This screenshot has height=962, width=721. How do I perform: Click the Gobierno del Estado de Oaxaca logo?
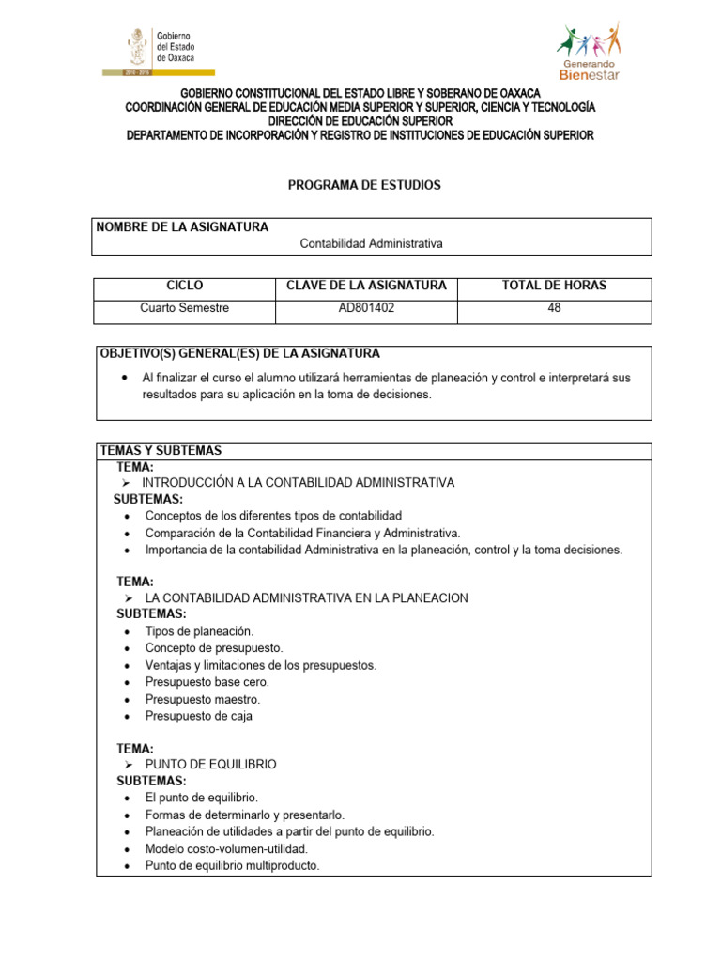tap(157, 50)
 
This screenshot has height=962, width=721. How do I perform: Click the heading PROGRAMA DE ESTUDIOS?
tap(363, 185)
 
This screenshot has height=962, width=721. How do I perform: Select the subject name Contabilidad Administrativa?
tap(371, 243)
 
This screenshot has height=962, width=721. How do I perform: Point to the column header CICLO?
tap(184, 286)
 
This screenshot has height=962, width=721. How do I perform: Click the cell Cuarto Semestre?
tap(184, 307)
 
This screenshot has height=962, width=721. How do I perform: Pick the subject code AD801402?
tap(366, 307)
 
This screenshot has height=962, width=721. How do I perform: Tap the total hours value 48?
tap(554, 307)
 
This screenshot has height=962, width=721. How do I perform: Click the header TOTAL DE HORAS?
tap(554, 286)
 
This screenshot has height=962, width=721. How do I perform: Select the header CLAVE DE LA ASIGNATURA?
tap(366, 286)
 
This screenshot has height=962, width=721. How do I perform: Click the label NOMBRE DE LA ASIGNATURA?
tap(182, 226)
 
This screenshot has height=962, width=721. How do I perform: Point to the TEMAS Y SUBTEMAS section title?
tap(161, 451)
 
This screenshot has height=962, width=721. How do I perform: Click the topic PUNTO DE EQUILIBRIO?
tap(210, 765)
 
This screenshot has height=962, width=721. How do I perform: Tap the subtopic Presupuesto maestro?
tap(202, 699)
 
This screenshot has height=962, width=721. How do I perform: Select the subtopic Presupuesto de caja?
tap(198, 716)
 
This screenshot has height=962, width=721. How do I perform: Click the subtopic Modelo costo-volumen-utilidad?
tap(226, 848)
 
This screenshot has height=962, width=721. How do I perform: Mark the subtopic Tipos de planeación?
tap(199, 631)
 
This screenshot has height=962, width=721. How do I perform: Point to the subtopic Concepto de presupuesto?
tap(213, 648)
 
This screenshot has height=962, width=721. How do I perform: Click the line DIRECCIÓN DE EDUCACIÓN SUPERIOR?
tap(360, 121)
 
